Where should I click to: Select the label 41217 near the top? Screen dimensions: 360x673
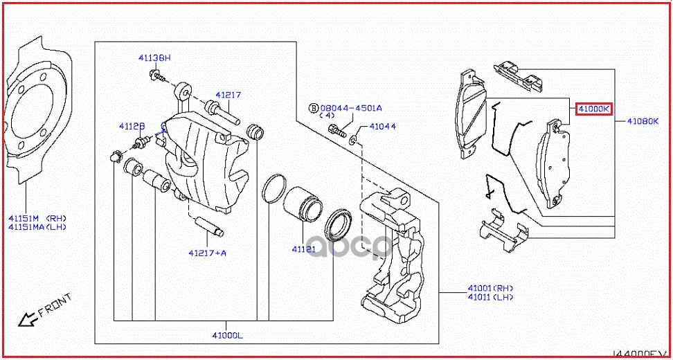227,96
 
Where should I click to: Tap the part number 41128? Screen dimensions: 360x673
132,126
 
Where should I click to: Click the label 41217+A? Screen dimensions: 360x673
206,253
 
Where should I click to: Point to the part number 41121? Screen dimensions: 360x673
303,249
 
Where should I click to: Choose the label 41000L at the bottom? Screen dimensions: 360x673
227,336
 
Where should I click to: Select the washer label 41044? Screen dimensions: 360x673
382,127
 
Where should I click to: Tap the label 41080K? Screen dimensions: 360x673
643,121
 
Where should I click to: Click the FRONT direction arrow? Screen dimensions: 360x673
29,318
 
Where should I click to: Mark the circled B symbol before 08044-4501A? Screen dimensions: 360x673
313,108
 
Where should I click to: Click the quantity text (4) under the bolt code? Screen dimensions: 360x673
327,116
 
